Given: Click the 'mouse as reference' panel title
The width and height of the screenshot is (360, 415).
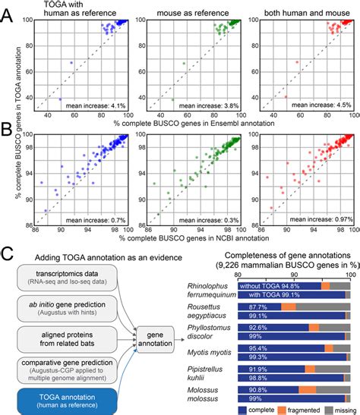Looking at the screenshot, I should (x=194, y=13).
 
